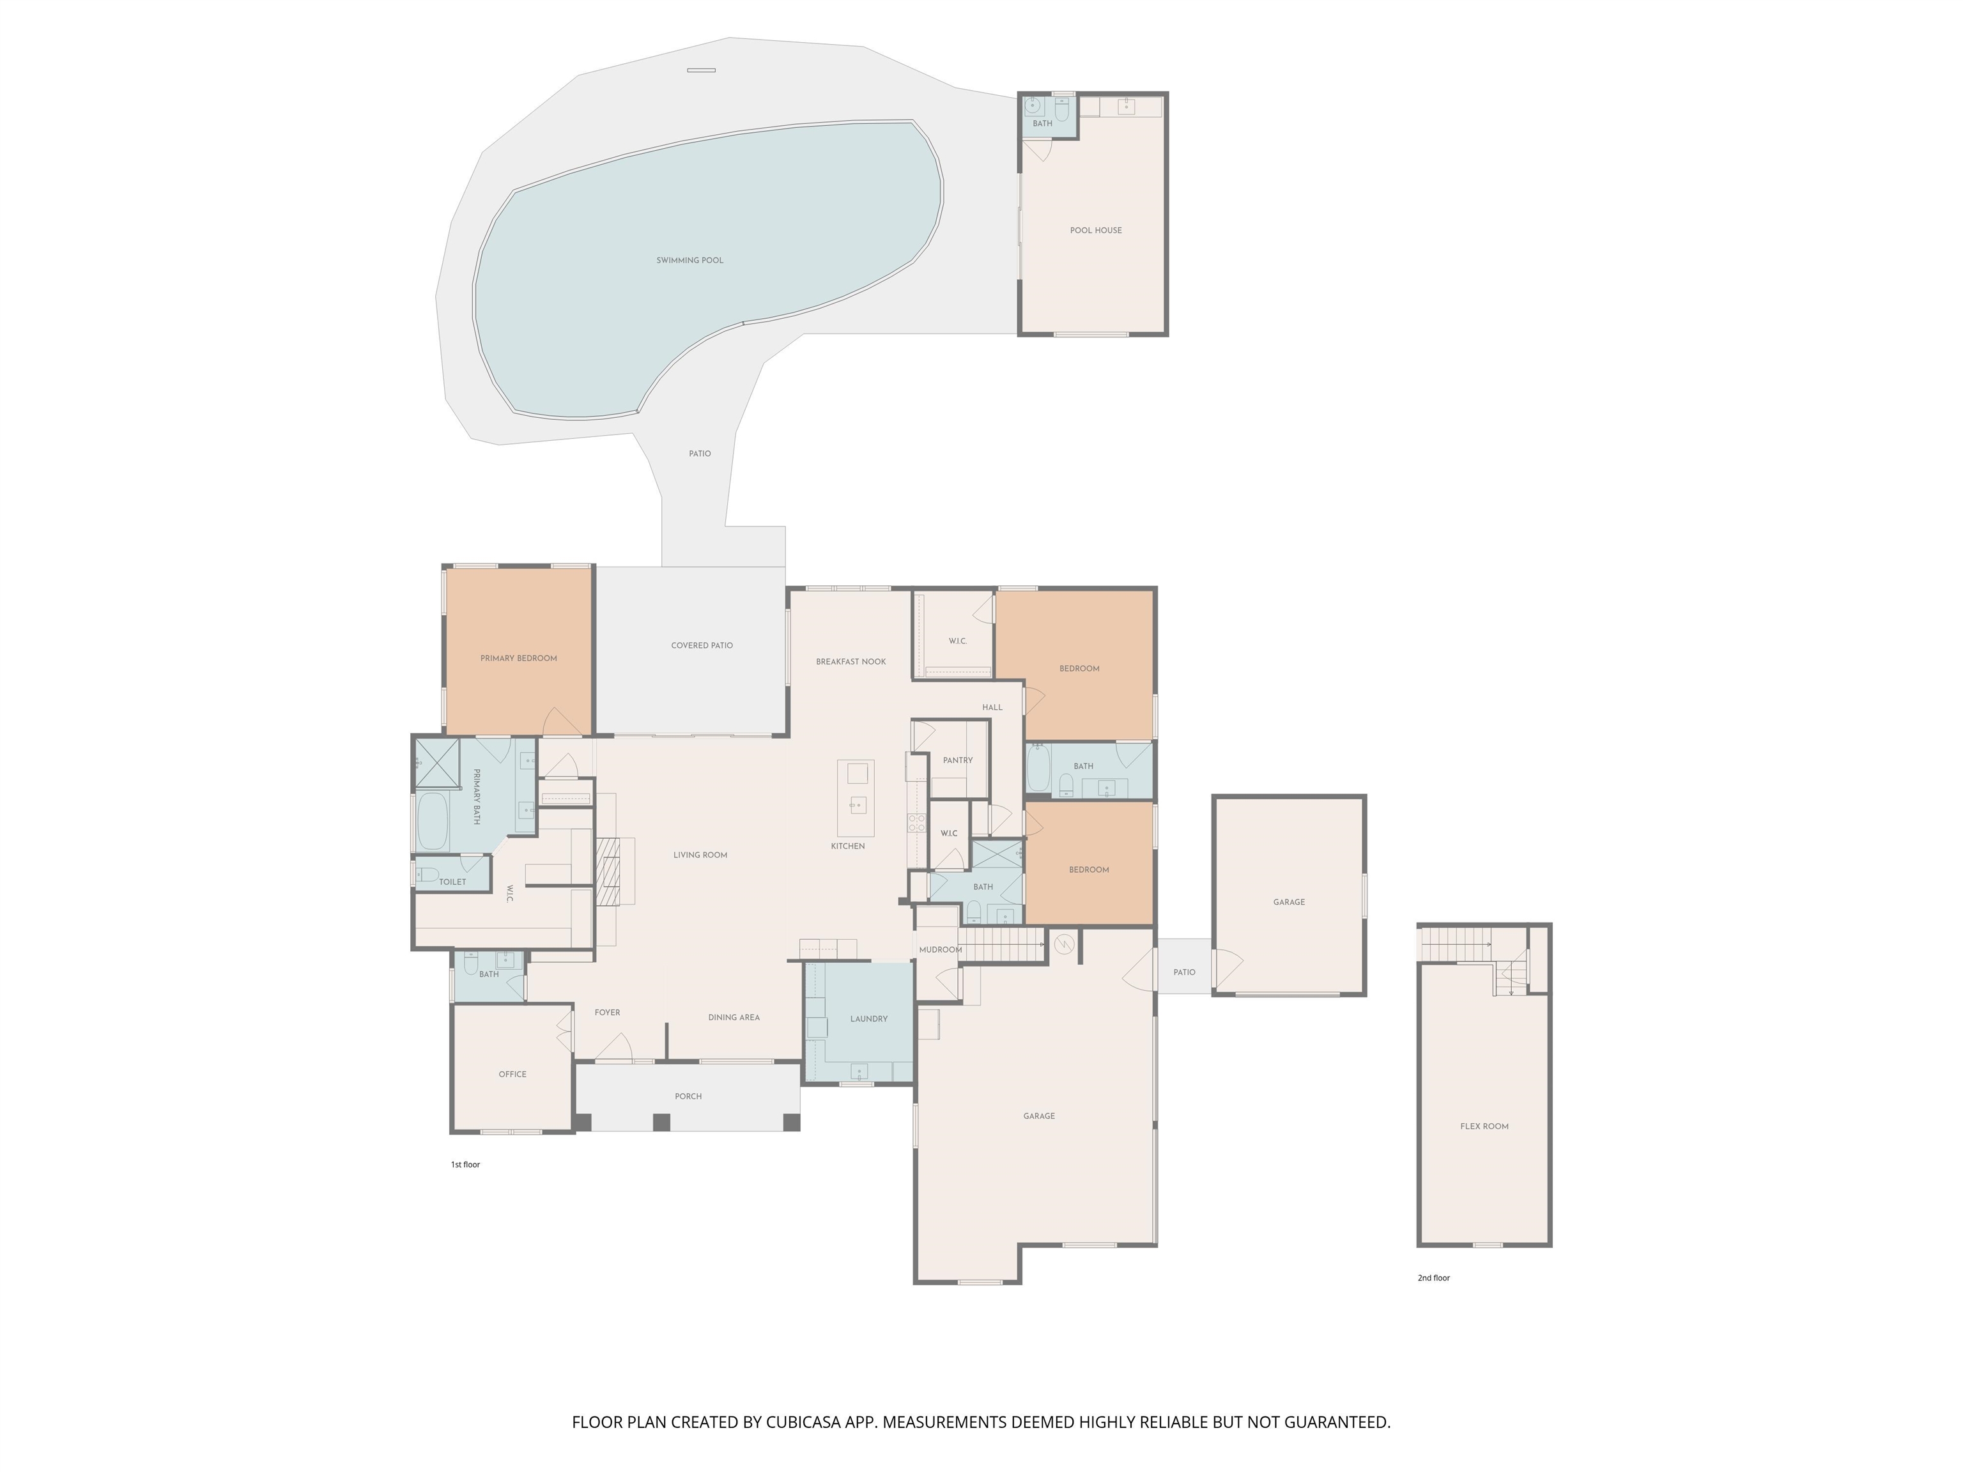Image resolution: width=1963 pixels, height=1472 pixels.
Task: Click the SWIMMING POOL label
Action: tap(689, 260)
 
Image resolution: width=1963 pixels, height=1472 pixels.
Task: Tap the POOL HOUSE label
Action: tap(1095, 230)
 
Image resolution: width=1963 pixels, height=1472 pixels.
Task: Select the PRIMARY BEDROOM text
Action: tap(518, 658)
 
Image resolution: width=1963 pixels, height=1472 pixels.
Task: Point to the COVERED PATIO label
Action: tap(702, 645)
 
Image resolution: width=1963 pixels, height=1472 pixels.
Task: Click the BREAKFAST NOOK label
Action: tap(851, 661)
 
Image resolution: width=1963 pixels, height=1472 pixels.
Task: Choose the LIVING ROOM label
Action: tap(700, 854)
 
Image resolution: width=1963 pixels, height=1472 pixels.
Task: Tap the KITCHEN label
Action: tap(847, 846)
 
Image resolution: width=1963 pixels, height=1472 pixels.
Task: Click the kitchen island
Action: tap(856, 798)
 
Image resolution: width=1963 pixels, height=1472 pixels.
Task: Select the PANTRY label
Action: tap(958, 760)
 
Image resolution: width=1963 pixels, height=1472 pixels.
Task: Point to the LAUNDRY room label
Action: tap(869, 1018)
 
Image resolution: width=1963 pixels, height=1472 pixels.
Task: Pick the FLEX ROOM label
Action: tap(1484, 1126)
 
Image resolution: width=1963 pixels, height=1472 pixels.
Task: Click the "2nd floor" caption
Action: tap(1433, 1278)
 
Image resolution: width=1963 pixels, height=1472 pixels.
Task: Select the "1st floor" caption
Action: tap(465, 1164)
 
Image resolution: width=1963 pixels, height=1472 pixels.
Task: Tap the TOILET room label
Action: tap(452, 881)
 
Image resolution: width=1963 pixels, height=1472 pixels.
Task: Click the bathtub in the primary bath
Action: tap(433, 821)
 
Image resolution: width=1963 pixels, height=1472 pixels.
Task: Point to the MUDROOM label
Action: tap(940, 949)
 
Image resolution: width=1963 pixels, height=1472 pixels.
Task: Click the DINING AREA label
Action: tap(734, 1017)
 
